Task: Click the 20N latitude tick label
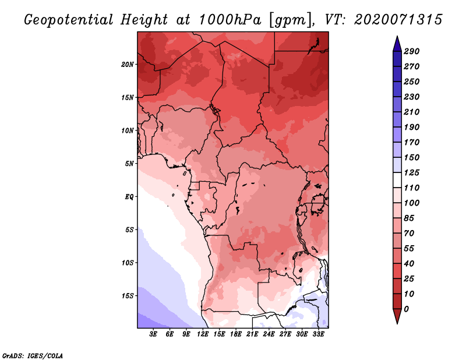pos(128,65)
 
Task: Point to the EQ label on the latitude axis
pos(129,197)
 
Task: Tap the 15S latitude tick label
pos(128,296)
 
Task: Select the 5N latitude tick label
pos(129,164)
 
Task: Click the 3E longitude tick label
pos(153,334)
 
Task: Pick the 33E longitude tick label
pos(318,334)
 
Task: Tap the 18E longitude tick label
pos(236,334)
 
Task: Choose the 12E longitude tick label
pos(203,334)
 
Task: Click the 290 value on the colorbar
pos(412,51)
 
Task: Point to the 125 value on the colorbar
pos(412,172)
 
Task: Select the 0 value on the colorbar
pos(406,309)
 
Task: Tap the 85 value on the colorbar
pos(409,218)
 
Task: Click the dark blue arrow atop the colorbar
pos(397,44)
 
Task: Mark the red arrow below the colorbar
pos(397,316)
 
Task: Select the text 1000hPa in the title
pos(230,20)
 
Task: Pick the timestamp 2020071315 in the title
pos(398,20)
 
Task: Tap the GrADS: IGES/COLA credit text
pos(33,356)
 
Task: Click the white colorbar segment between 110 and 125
pos(397,180)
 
